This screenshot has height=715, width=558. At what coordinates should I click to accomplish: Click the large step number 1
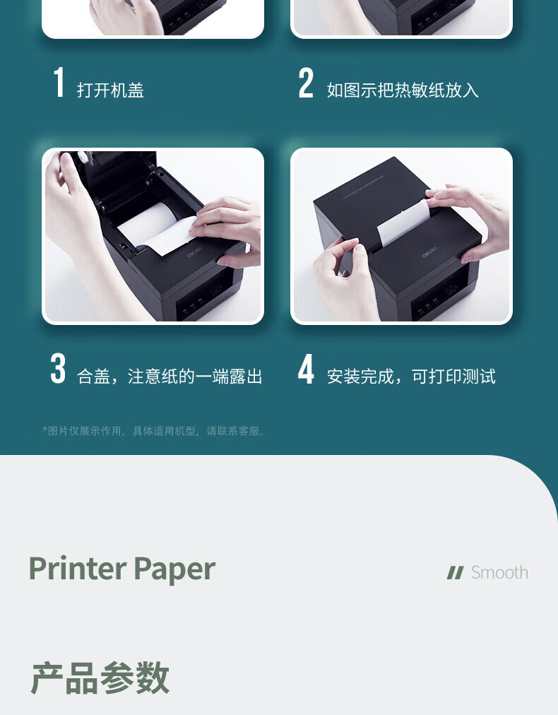tap(59, 82)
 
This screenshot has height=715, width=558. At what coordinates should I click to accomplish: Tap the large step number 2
tap(306, 83)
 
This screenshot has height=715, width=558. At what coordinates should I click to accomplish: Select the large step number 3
tap(58, 368)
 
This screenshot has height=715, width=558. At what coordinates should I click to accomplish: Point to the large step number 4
tap(306, 368)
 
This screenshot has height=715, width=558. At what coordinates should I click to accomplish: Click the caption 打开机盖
tap(110, 90)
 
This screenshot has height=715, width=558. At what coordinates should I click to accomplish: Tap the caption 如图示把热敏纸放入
tap(403, 90)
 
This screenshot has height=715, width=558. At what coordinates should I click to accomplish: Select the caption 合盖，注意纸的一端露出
tap(170, 377)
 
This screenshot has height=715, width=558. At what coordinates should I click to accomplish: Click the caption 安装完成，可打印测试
tap(411, 377)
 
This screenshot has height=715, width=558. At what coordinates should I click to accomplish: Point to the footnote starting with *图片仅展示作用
tap(154, 431)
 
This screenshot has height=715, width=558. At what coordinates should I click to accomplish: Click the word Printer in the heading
tap(78, 568)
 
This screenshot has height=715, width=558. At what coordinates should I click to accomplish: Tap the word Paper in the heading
tap(174, 570)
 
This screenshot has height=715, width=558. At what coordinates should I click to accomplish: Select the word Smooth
tap(499, 572)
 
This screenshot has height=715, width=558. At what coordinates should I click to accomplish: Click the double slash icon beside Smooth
tap(455, 573)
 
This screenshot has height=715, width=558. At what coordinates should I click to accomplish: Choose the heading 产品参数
tap(100, 678)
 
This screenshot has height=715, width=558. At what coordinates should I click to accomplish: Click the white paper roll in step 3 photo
tap(153, 228)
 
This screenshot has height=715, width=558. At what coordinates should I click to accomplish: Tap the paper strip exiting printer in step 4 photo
tap(403, 223)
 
